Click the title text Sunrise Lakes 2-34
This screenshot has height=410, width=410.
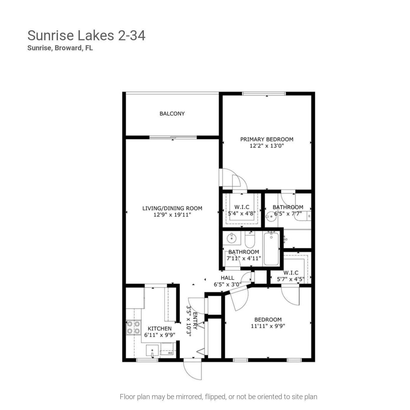(86, 36)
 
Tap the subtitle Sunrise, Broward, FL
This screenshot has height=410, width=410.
(60, 48)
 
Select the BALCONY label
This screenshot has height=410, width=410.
(172, 114)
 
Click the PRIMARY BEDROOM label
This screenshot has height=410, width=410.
(267, 139)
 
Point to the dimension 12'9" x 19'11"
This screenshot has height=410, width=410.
(172, 215)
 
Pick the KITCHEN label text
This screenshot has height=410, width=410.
(159, 329)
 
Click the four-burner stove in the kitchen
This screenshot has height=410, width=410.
(133, 328)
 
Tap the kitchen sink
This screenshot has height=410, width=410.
(152, 351)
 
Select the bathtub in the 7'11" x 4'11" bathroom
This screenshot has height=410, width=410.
(271, 249)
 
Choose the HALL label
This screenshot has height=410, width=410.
(227, 278)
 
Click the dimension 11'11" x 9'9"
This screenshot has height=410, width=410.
(268, 326)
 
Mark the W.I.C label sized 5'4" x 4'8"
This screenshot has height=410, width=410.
(242, 207)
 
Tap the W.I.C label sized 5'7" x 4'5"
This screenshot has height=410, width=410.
(291, 273)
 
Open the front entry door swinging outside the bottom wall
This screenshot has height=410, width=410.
(193, 369)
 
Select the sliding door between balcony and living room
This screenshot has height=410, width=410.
(173, 137)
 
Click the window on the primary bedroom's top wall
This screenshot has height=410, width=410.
(264, 94)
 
